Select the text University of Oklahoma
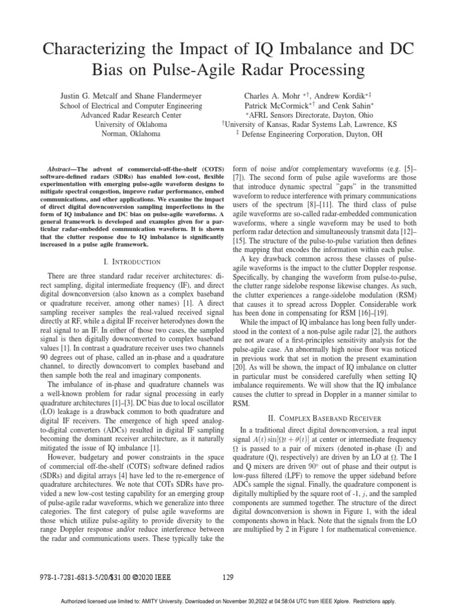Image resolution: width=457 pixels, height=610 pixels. (x=131, y=125)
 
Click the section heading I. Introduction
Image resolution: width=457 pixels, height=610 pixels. (x=131, y=262)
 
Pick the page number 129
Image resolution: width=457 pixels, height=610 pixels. (x=228, y=577)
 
